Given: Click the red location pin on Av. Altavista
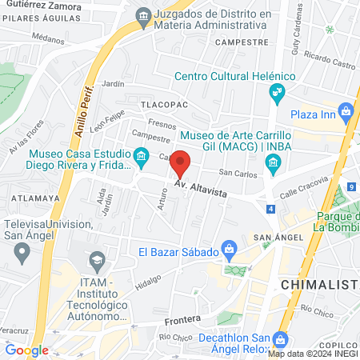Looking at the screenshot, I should [x=181, y=164].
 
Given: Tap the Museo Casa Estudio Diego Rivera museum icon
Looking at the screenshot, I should [x=142, y=154].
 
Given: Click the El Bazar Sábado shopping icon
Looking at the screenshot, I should [x=230, y=251].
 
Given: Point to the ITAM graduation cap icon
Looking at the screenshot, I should [x=97, y=260].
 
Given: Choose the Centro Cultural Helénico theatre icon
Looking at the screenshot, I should [x=278, y=94].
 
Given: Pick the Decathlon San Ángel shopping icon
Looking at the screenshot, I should [x=281, y=338].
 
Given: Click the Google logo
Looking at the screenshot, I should [x=26, y=350].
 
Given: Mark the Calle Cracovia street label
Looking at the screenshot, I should [x=306, y=191].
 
